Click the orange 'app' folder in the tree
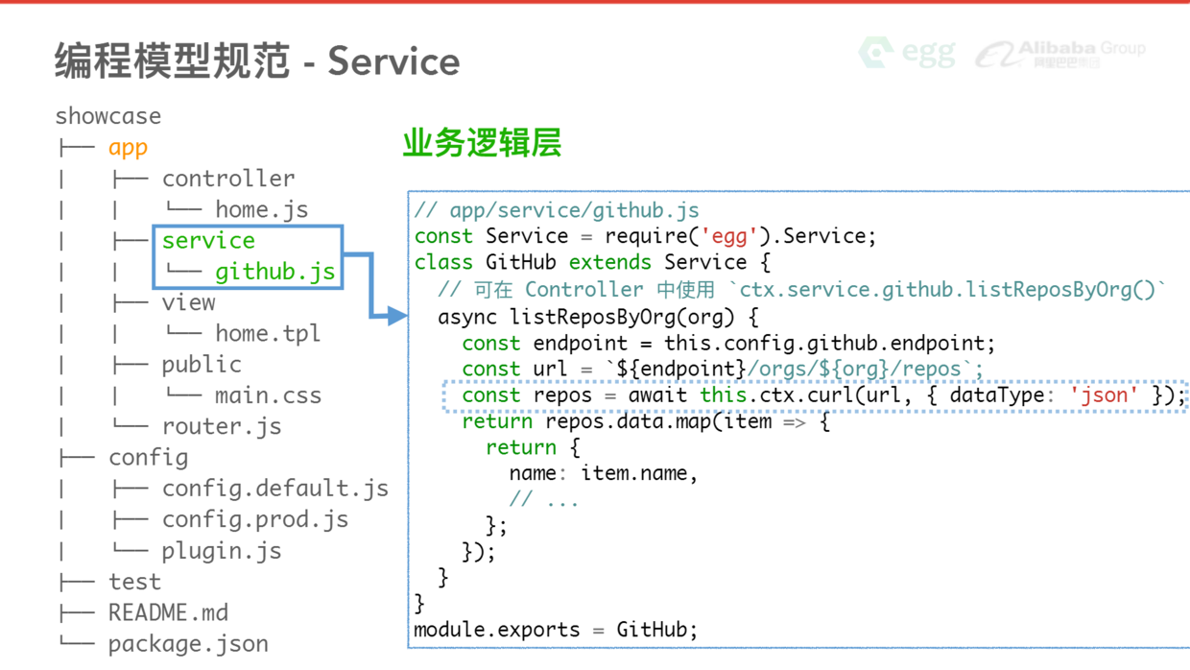click(x=128, y=148)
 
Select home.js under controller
click(x=261, y=209)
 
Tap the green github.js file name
click(x=274, y=272)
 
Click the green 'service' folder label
click(x=208, y=241)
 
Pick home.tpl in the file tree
click(x=268, y=334)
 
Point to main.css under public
click(x=268, y=395)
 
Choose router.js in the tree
click(x=222, y=426)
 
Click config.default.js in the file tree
click(x=275, y=489)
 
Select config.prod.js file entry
click(x=255, y=519)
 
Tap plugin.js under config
click(x=222, y=551)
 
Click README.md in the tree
click(x=168, y=612)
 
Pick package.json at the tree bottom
click(x=188, y=644)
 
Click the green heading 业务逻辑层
click(x=482, y=143)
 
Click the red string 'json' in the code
click(x=1104, y=395)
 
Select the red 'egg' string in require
click(x=725, y=236)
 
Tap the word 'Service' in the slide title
click(x=393, y=62)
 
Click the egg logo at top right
click(x=907, y=52)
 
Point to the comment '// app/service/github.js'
click(x=557, y=210)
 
